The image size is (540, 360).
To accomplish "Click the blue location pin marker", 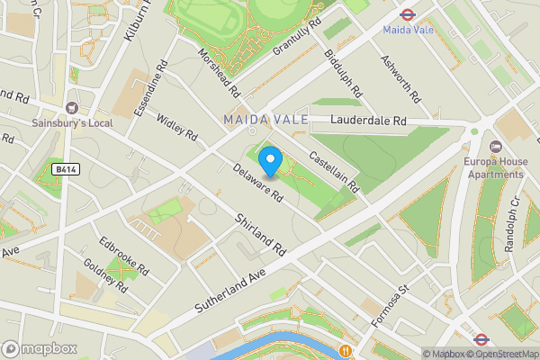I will pyautogui.click(x=271, y=161).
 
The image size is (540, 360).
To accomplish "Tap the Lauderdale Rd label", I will pyautogui.click(x=369, y=121).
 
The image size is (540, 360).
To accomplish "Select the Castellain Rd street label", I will pyautogui.click(x=333, y=171).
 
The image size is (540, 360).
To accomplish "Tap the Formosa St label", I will pyautogui.click(x=391, y=301).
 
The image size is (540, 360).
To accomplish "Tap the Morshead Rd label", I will pyautogui.click(x=220, y=73).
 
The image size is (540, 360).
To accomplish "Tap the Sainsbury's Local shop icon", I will pyautogui.click(x=71, y=107).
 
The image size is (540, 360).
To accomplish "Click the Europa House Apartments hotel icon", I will pyautogui.click(x=494, y=147).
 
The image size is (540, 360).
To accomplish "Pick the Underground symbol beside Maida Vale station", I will pyautogui.click(x=406, y=14).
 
